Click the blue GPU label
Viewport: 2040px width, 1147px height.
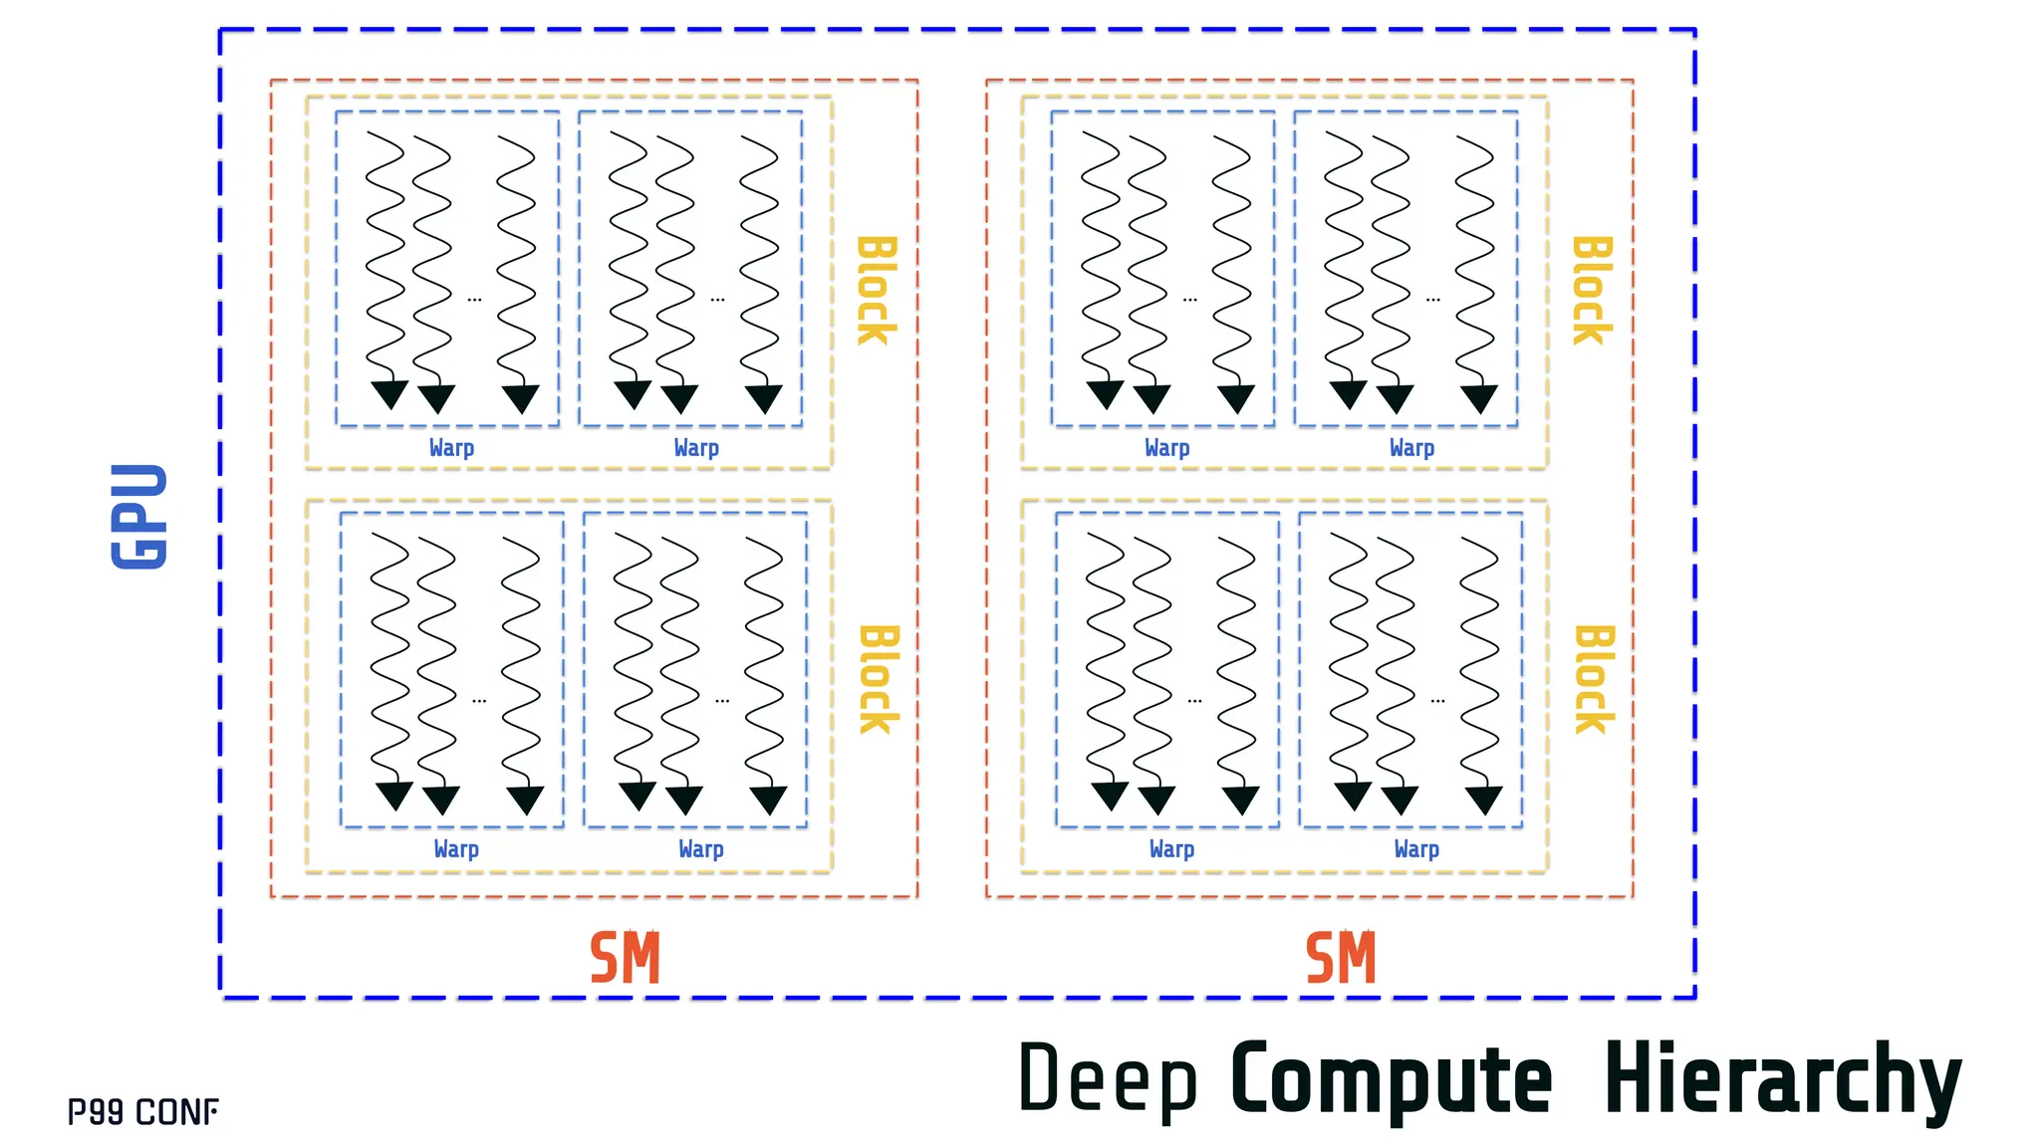pyautogui.click(x=139, y=516)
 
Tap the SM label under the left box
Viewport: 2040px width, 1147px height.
pyautogui.click(x=625, y=958)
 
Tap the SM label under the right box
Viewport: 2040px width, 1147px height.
pyautogui.click(x=1341, y=958)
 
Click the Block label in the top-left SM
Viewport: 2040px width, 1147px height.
pyautogui.click(x=877, y=291)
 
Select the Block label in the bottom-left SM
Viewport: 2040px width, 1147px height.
pyautogui.click(x=879, y=679)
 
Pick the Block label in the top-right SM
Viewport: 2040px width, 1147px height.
pyautogui.click(x=1592, y=291)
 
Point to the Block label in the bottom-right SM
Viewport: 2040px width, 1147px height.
pyautogui.click(x=1594, y=679)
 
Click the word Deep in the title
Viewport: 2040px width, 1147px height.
pyautogui.click(x=1107, y=1079)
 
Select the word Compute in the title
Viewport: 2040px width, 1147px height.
pyautogui.click(x=1391, y=1079)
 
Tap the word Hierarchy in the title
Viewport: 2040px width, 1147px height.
pyautogui.click(x=1782, y=1079)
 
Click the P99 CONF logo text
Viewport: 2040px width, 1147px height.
pyautogui.click(x=142, y=1112)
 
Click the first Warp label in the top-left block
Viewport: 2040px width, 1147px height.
pyautogui.click(x=451, y=448)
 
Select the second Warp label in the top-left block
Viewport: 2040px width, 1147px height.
pyautogui.click(x=696, y=448)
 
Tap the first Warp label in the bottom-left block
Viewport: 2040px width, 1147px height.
pyautogui.click(x=456, y=849)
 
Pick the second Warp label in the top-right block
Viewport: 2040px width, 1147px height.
pyautogui.click(x=1411, y=448)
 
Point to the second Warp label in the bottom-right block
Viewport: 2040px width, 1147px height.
pyautogui.click(x=1416, y=849)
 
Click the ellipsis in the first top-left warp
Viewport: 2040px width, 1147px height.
pyautogui.click(x=474, y=299)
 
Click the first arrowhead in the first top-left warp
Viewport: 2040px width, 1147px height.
pyautogui.click(x=389, y=394)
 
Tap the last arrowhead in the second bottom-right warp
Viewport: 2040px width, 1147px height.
pyautogui.click(x=1483, y=800)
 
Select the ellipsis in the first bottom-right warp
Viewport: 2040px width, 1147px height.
pyautogui.click(x=1194, y=701)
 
